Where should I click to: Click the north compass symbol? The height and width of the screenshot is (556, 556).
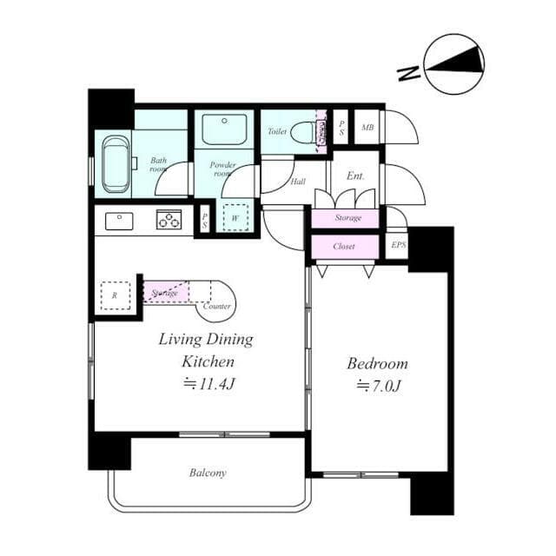coord(453,65)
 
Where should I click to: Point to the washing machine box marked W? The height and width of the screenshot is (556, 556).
coord(235,217)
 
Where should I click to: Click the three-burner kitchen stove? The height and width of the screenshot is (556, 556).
coord(169,220)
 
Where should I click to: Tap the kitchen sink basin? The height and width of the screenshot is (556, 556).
coord(119,221)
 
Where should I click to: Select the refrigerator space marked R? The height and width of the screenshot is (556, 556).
coord(115,295)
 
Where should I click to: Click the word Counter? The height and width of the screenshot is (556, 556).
coord(216,307)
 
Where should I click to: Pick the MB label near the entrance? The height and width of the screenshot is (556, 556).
coord(367,129)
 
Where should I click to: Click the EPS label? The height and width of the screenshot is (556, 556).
coord(398,245)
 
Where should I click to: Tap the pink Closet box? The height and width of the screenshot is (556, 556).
coord(345,247)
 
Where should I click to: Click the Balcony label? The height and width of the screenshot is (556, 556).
coord(208,473)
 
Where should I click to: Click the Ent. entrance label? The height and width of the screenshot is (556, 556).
coord(355,175)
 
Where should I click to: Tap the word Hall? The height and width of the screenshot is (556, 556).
coord(298,182)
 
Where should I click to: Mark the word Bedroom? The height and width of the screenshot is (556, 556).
coord(377,363)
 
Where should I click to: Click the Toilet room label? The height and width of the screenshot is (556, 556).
coord(276,132)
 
